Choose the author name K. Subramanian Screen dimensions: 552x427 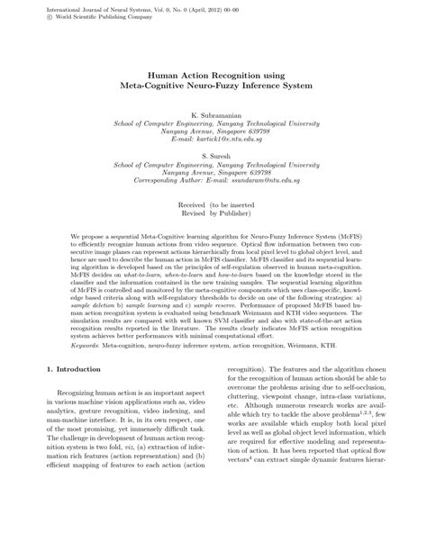(213, 115)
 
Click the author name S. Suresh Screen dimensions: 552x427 (213, 155)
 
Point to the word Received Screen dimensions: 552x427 (192, 205)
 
